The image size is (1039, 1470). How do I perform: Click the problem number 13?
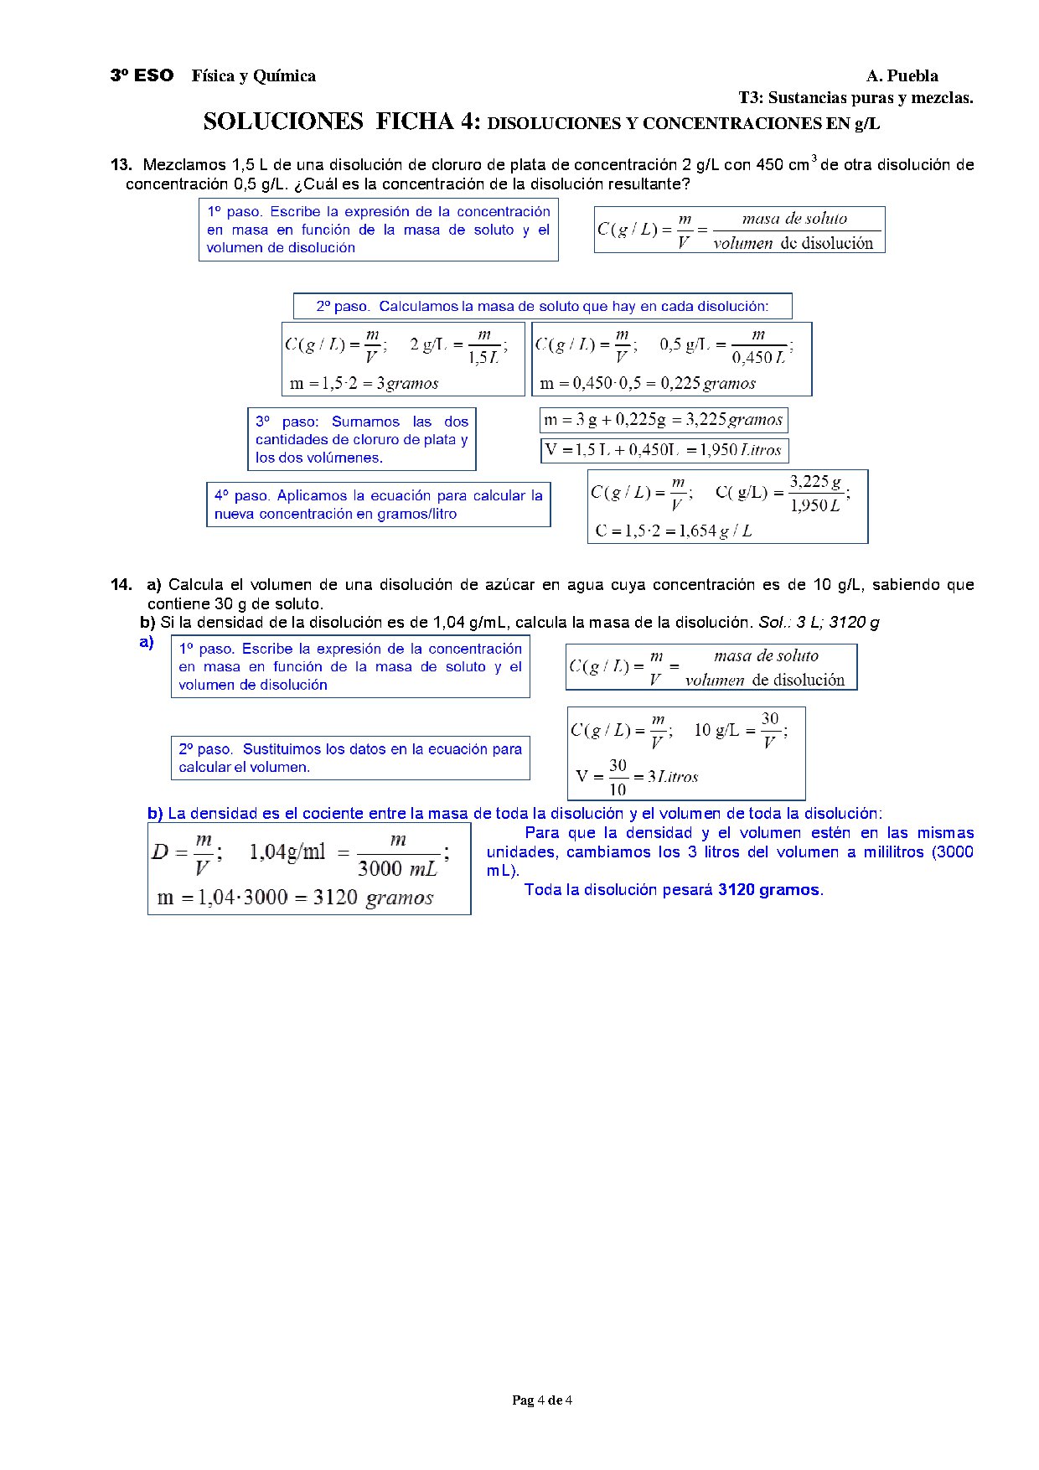point(121,165)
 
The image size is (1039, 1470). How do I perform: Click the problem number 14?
point(121,585)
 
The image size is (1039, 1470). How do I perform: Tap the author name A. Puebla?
point(902,76)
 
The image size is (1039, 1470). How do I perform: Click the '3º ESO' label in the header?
point(142,76)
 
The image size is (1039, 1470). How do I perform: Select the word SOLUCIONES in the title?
point(283,122)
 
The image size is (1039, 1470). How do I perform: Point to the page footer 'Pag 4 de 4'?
point(542,1400)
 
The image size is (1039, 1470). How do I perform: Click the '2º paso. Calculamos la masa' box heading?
point(542,307)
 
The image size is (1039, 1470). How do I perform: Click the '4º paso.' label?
point(242,496)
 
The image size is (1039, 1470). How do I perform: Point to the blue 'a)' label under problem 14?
point(147,643)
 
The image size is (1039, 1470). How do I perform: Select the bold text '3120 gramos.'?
point(770,890)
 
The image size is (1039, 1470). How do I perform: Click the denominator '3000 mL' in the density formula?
point(397,869)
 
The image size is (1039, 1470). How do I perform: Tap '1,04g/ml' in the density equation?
point(287,852)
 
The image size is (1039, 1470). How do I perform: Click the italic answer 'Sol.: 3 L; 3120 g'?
point(819,623)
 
